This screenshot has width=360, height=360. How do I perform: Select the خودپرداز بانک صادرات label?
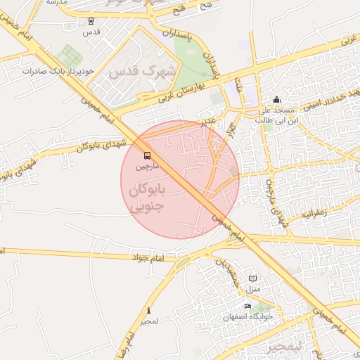(x=58, y=72)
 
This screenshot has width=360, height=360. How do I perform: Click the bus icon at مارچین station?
(x=147, y=155)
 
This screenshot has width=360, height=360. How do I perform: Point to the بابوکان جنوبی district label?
(x=148, y=198)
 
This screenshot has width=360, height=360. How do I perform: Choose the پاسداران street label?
(x=207, y=52)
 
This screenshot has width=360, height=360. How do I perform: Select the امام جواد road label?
(x=147, y=258)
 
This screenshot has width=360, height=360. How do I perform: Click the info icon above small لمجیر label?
(x=148, y=311)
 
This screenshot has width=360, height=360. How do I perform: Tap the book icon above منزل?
(x=253, y=279)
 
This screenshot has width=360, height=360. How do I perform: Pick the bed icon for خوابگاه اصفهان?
(x=247, y=307)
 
